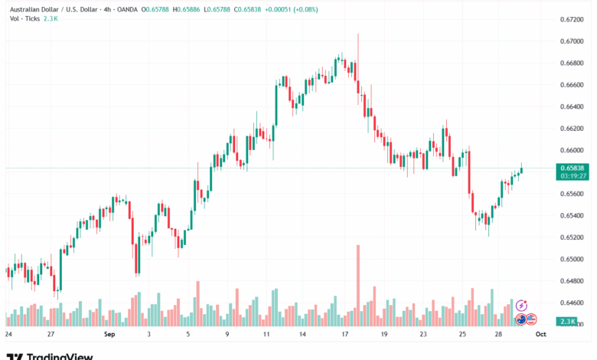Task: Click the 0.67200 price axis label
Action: pyautogui.click(x=573, y=19)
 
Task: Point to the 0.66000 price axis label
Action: pyautogui.click(x=573, y=150)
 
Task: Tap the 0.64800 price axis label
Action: pyautogui.click(x=573, y=280)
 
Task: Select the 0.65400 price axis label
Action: pyautogui.click(x=573, y=215)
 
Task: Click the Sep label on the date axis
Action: pyautogui.click(x=109, y=335)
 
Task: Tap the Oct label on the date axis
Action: pyautogui.click(x=540, y=335)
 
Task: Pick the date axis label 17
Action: pyautogui.click(x=344, y=335)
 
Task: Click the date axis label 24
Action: pyautogui.click(x=8, y=335)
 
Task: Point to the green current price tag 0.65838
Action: pyautogui.click(x=573, y=168)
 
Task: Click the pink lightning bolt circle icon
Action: pyautogui.click(x=522, y=306)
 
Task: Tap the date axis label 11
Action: pyautogui.click(x=266, y=335)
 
